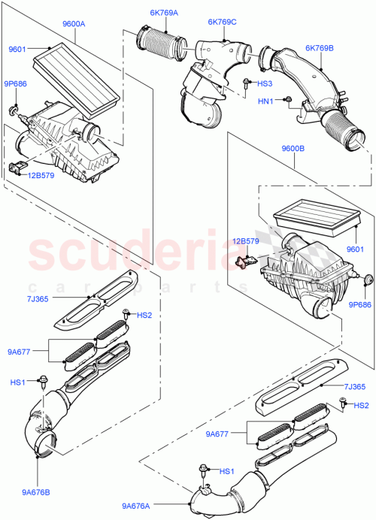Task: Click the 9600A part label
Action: pyautogui.click(x=74, y=24)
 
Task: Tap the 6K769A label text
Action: pyautogui.click(x=165, y=13)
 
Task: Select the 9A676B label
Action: pyautogui.click(x=35, y=472)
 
